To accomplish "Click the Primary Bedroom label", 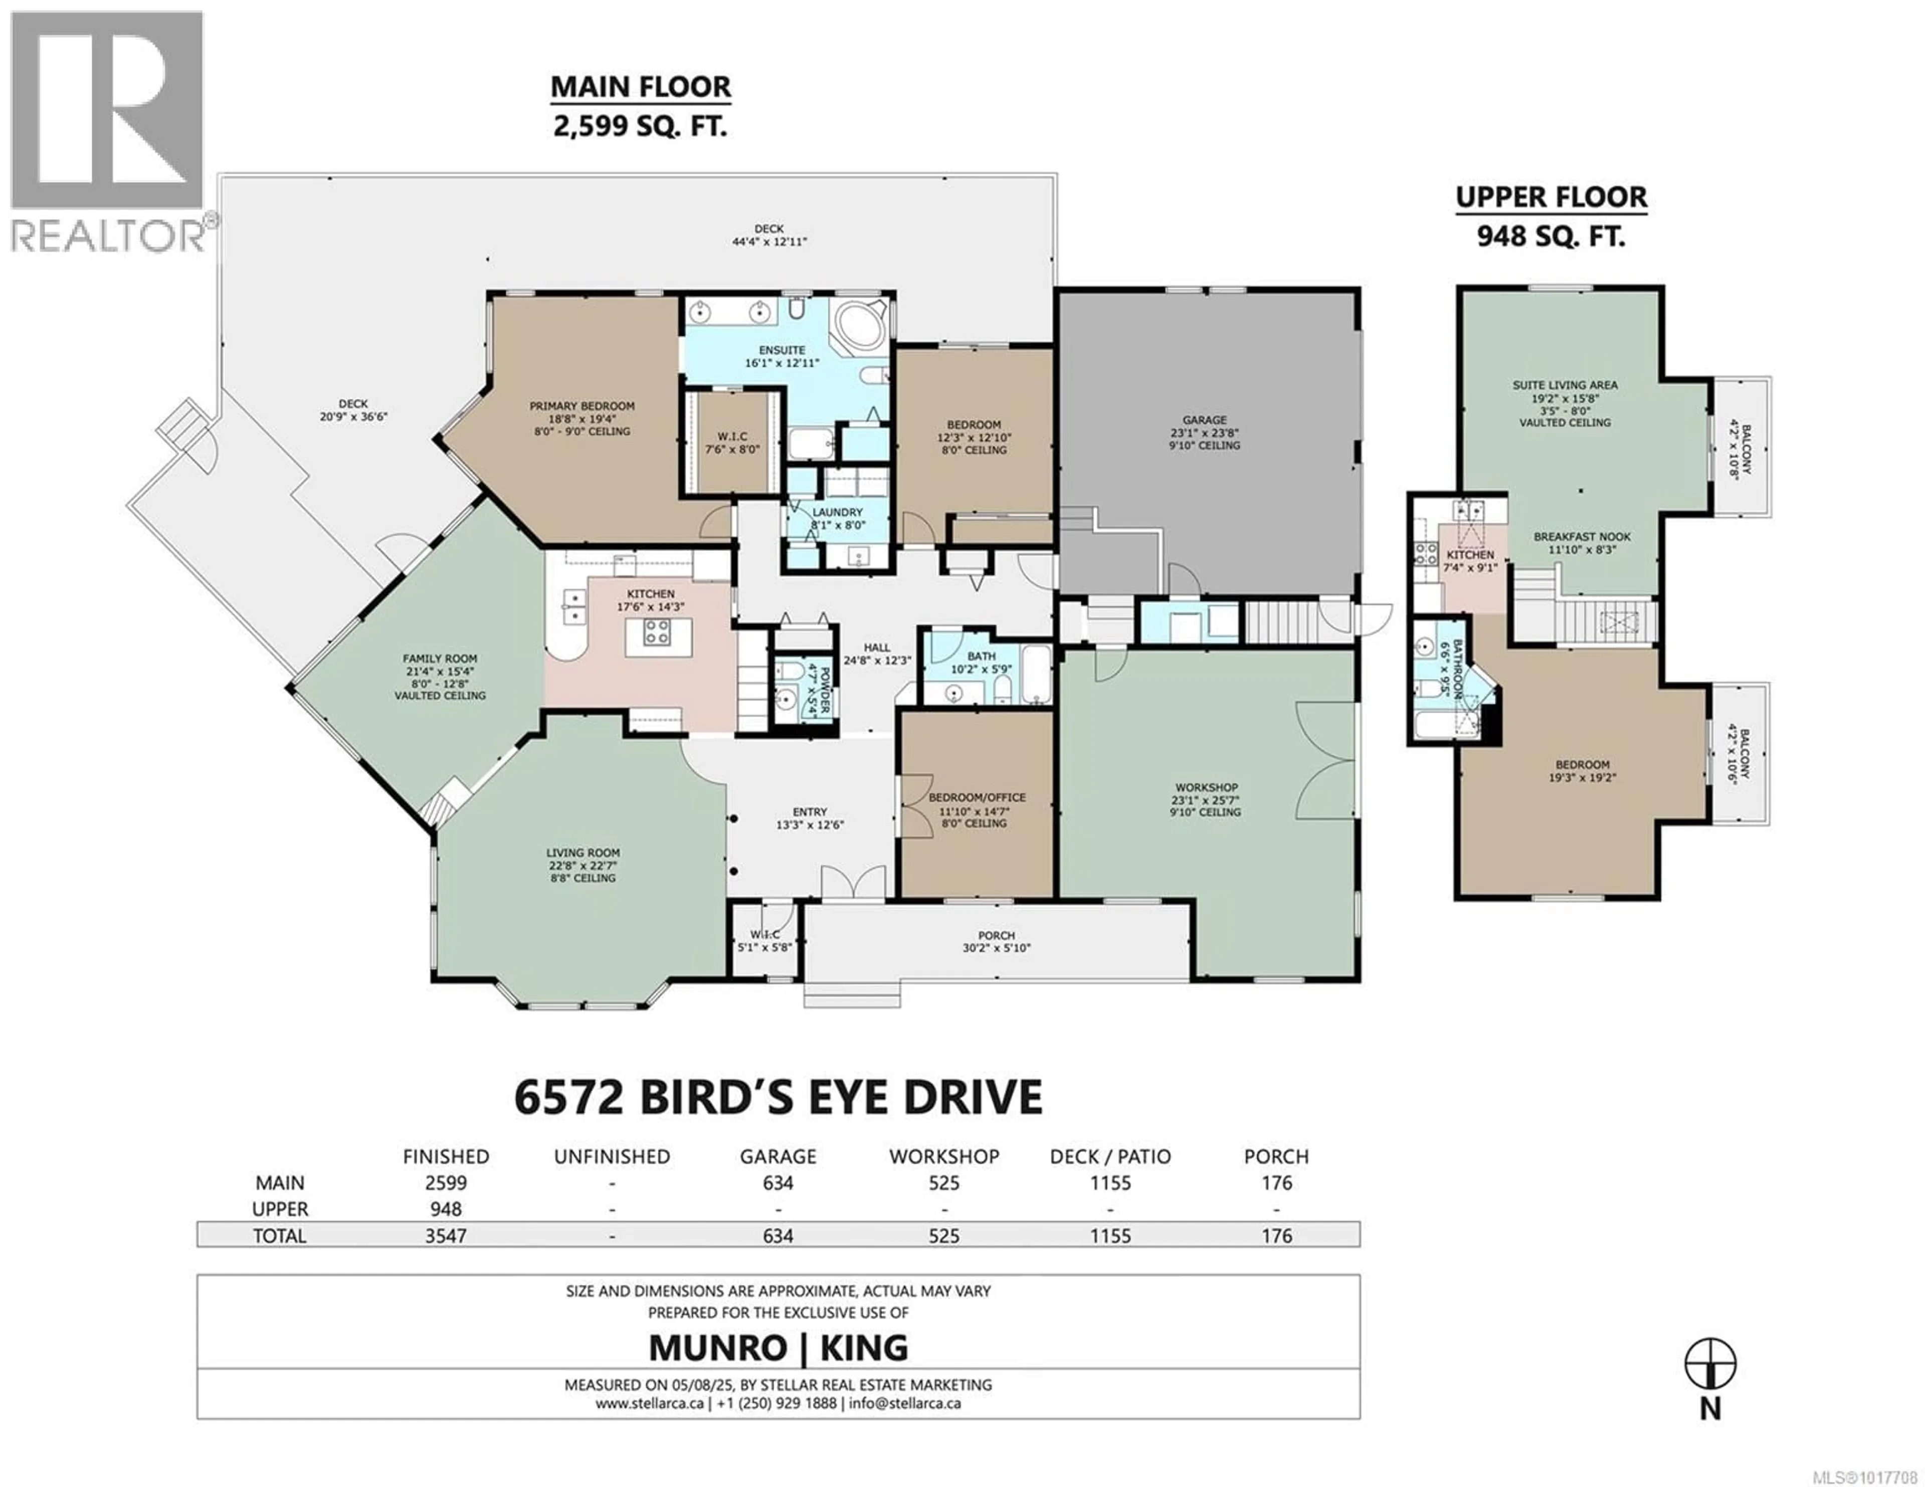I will (582, 406).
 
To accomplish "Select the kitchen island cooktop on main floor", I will (657, 631).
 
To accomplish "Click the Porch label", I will (996, 935).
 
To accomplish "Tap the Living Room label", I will (583, 853).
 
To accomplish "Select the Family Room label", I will (440, 659).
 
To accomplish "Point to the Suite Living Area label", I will (1565, 385).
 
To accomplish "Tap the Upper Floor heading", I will (1551, 197).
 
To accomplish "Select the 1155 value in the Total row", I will (1110, 1236).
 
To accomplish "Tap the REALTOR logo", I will (108, 132).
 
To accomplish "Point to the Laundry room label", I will (837, 512).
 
